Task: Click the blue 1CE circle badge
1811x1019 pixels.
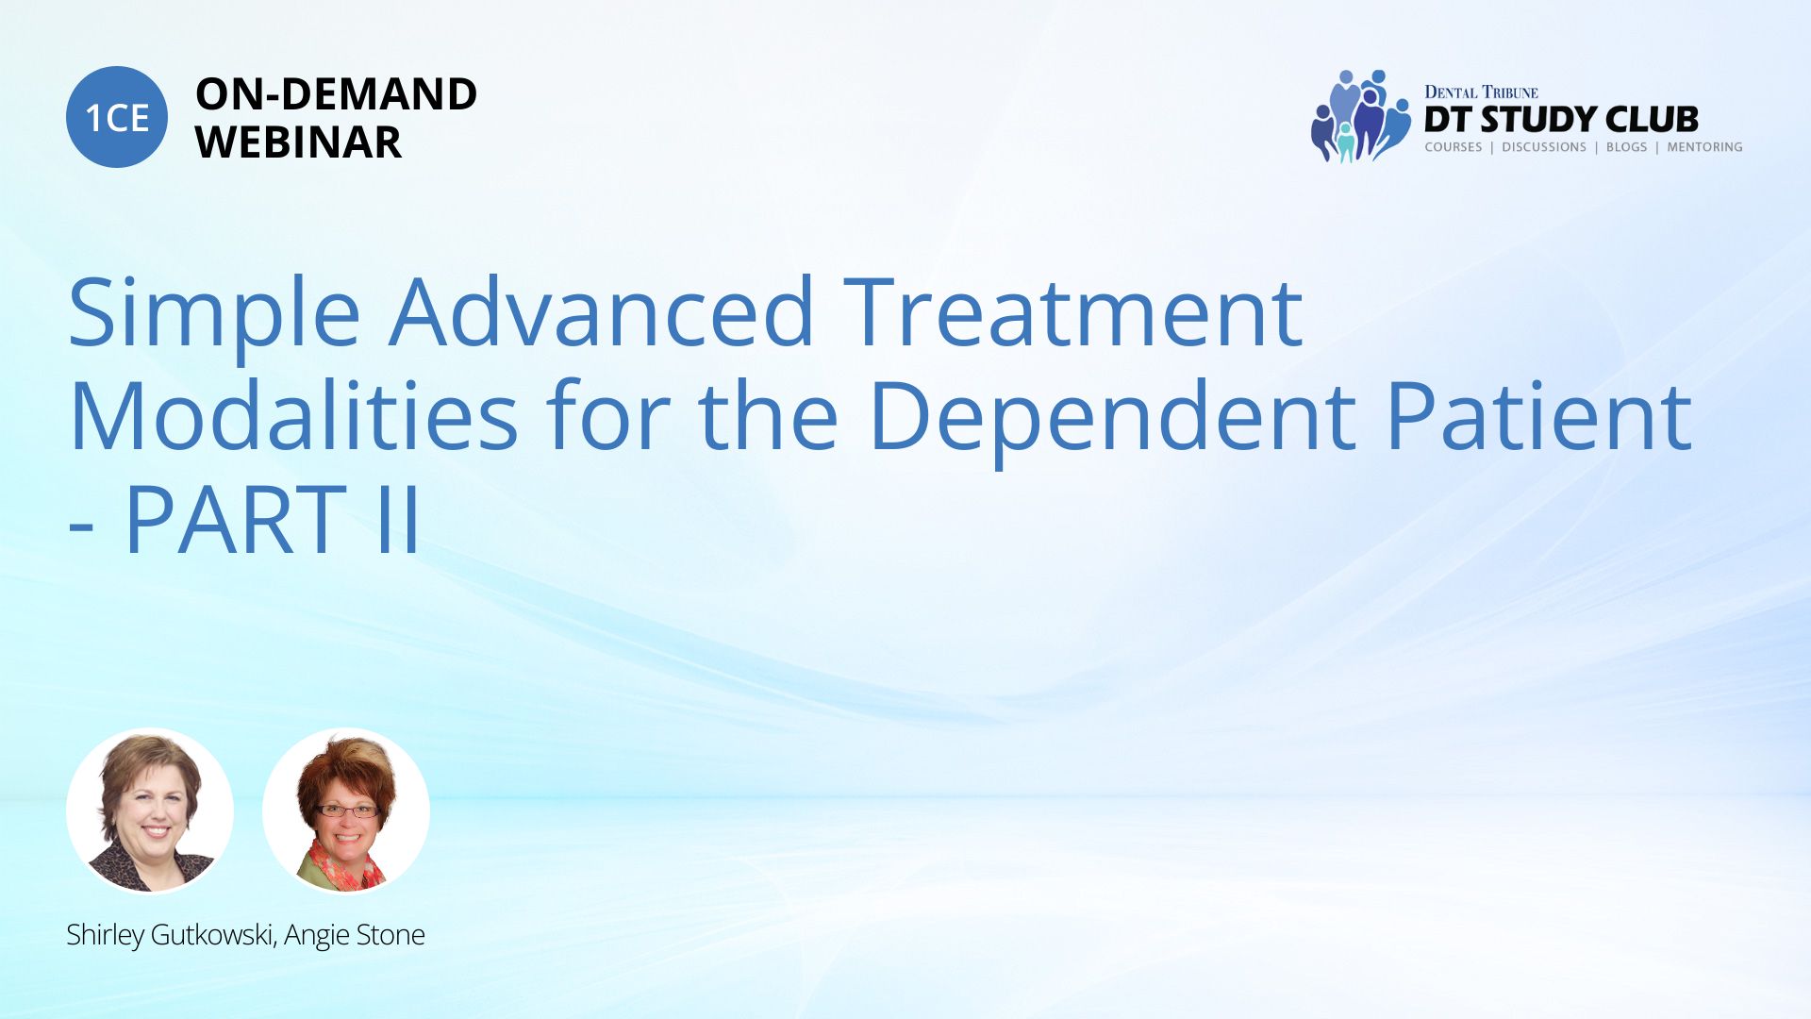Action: click(x=117, y=117)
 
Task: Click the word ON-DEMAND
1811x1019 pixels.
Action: click(x=336, y=94)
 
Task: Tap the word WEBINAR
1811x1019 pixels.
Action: click(x=298, y=142)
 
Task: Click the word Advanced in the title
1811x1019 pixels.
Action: click(x=602, y=312)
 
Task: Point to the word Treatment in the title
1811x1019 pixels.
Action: click(x=1073, y=312)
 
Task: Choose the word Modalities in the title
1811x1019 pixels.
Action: click(x=293, y=415)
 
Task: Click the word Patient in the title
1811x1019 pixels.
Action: click(x=1538, y=416)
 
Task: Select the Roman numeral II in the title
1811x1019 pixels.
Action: click(x=397, y=519)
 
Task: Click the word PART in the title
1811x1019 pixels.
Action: click(x=236, y=519)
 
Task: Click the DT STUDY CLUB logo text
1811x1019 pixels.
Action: click(x=1561, y=119)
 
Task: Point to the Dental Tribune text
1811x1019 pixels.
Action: click(x=1481, y=92)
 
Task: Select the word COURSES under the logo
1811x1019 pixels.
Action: click(x=1453, y=147)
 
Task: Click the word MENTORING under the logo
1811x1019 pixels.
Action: click(x=1704, y=147)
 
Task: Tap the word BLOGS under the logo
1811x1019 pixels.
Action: click(x=1626, y=147)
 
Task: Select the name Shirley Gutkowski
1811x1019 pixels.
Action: click(x=172, y=935)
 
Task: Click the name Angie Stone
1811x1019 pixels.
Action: click(x=355, y=935)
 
